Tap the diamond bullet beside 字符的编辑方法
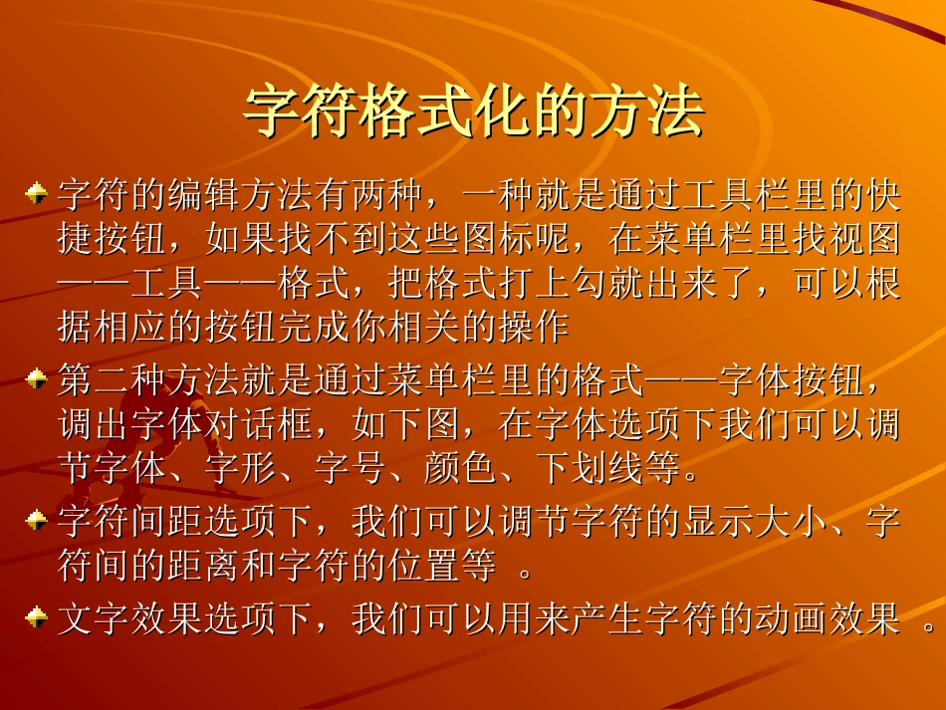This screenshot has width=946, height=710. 36,193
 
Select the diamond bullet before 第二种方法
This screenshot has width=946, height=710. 36,379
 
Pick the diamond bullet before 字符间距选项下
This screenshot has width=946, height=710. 36,519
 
